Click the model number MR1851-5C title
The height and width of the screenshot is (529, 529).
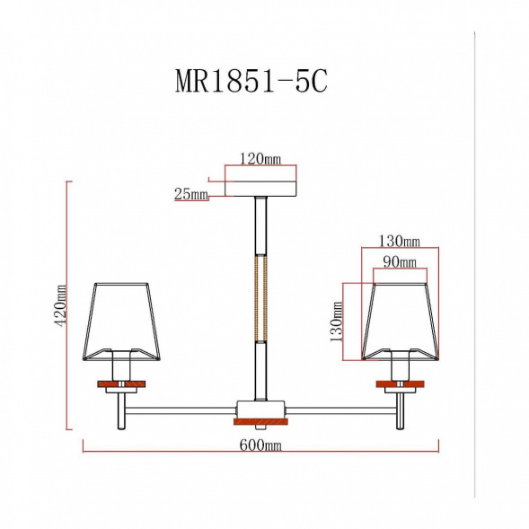pyautogui.click(x=251, y=81)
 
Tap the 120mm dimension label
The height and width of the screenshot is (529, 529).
pyautogui.click(x=260, y=159)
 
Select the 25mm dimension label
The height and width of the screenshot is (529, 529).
pyautogui.click(x=191, y=194)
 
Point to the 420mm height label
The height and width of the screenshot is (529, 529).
pyautogui.click(x=61, y=305)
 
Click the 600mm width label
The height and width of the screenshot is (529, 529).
pyautogui.click(x=260, y=445)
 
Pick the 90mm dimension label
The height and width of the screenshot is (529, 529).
pyautogui.click(x=400, y=261)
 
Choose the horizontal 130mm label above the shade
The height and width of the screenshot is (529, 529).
pyautogui.click(x=400, y=242)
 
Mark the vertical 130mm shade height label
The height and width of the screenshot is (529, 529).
pyautogui.click(x=337, y=322)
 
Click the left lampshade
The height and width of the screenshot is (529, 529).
pyautogui.click(x=121, y=322)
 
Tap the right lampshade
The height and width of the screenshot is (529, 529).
pyautogui.click(x=401, y=322)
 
